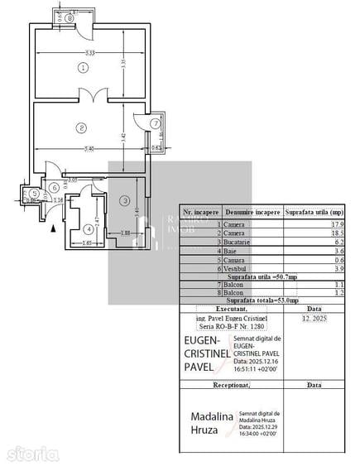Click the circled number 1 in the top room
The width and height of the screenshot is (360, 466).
coord(83,67)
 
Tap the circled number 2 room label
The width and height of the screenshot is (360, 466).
coord(81,127)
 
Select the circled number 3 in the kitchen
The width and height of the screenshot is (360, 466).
coord(123,200)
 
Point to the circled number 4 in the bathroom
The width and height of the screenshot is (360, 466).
coord(89,229)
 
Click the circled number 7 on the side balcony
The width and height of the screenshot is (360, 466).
coord(155,123)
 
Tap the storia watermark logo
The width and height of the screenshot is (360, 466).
coord(31,453)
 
